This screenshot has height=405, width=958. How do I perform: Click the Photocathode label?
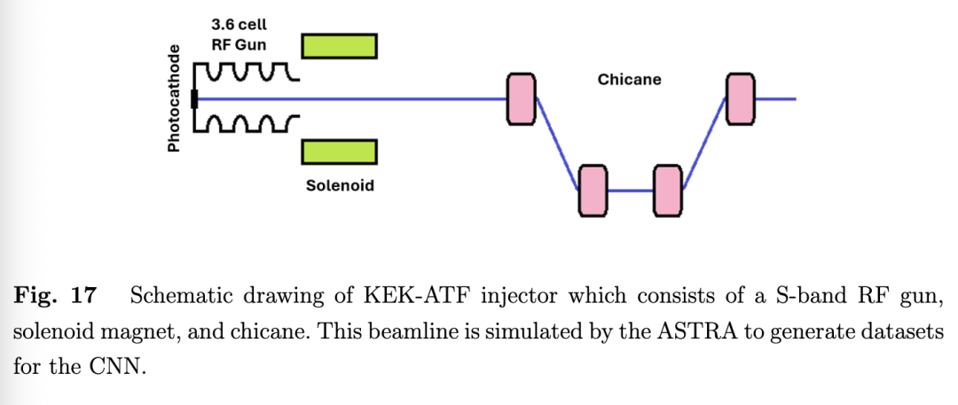pos(174,98)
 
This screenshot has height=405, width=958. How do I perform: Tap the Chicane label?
pos(629,80)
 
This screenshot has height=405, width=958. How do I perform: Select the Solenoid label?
pos(340,186)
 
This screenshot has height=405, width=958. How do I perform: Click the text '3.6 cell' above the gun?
pos(239,25)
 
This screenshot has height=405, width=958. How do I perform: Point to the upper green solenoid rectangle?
pos(340,45)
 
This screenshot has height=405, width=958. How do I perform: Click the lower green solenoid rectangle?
pos(340,152)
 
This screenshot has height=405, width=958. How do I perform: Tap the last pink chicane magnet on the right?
pos(740,98)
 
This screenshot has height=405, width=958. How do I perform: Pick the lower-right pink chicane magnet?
pos(667,191)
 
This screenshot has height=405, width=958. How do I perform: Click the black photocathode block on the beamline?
pos(194,98)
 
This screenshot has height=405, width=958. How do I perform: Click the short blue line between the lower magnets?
pos(630,191)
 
